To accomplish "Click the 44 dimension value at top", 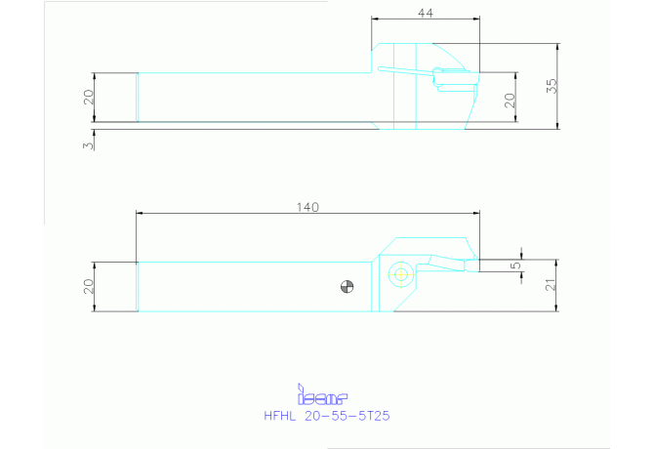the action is tap(426, 14).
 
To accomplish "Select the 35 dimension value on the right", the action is tap(552, 86).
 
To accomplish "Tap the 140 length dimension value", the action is tap(307, 207).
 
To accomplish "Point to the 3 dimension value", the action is tap(88, 145).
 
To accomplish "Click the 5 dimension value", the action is tap(516, 265).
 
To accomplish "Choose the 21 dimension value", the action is tap(551, 285).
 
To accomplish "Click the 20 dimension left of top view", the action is tap(89, 98).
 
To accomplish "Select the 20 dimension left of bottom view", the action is tap(89, 286).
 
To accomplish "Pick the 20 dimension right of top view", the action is tap(510, 101).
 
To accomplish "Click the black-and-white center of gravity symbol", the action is tap(347, 287).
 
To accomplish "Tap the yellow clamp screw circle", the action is tap(401, 274).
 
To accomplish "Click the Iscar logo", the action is tap(322, 394).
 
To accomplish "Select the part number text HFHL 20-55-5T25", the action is tap(327, 416).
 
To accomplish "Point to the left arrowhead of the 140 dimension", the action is tap(140, 213).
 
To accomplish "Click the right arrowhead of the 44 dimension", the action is tap(476, 19).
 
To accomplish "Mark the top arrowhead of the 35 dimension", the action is tap(557, 47).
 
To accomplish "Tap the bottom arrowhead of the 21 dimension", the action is tap(556, 307).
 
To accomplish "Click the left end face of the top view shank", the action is tap(138, 98).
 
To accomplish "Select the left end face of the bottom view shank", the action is tap(138, 287).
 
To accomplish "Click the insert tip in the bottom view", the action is tap(478, 260).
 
